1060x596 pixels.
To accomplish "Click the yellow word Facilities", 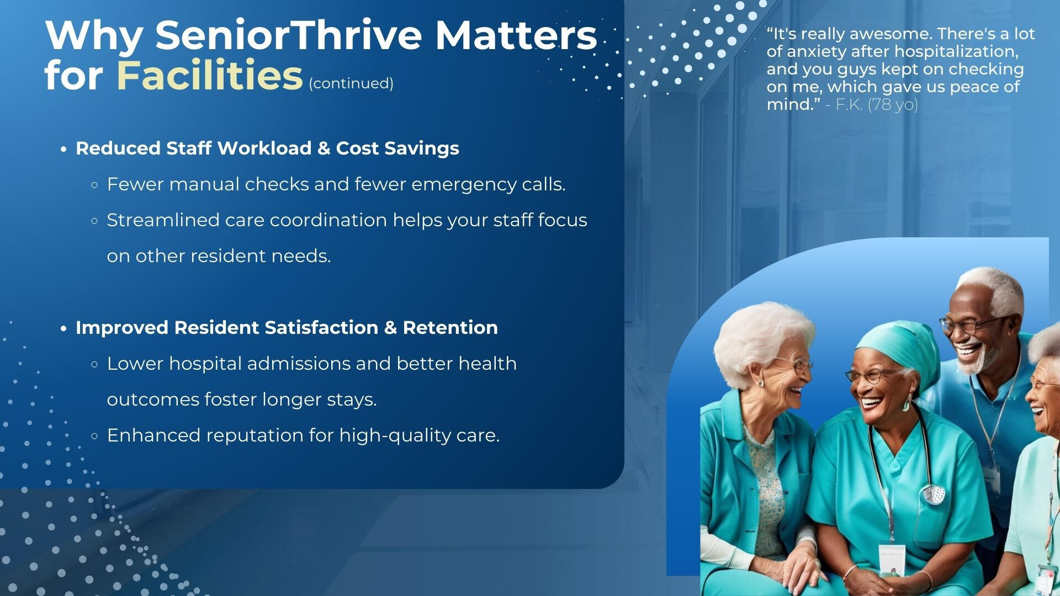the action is click(210, 76).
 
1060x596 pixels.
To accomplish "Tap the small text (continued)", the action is click(351, 83).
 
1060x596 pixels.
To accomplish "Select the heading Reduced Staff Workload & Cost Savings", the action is click(267, 148).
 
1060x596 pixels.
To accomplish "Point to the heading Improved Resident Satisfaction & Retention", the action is click(287, 327).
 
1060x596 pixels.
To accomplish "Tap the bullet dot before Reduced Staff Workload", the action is click(64, 149).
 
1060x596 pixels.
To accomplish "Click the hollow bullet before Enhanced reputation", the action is click(94, 436).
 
